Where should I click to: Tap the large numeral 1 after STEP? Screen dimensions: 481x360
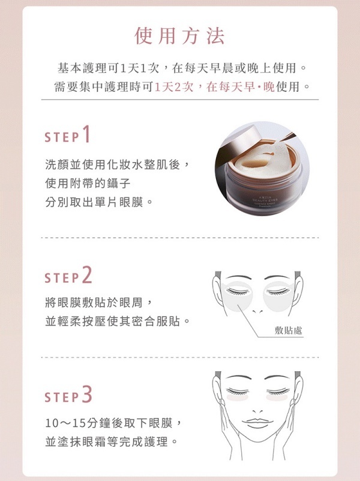coord(87,135)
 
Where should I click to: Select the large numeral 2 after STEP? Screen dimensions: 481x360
coord(88,275)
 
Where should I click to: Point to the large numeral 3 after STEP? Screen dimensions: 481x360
coord(88,395)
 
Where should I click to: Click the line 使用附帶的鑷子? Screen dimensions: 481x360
coord(88,182)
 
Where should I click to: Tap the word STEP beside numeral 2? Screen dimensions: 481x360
coord(61,278)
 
